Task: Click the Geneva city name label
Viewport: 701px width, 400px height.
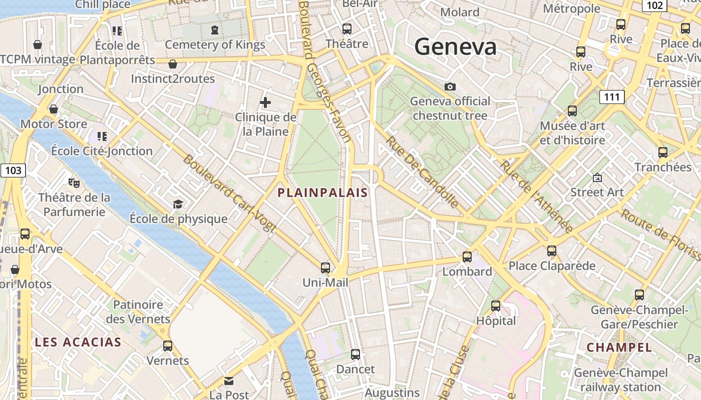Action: click(455, 47)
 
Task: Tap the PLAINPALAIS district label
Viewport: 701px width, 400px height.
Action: click(323, 192)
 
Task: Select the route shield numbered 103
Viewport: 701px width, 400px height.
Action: click(13, 170)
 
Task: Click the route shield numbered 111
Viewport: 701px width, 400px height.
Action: click(612, 97)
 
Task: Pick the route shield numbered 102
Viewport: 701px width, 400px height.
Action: click(655, 5)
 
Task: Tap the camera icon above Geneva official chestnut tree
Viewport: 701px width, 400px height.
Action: click(450, 87)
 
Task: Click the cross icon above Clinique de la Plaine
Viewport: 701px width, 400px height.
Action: click(265, 103)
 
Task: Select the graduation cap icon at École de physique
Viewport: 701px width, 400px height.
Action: click(178, 204)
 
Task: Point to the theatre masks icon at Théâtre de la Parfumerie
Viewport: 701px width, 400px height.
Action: click(74, 183)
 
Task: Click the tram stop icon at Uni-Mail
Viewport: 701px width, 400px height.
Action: click(325, 268)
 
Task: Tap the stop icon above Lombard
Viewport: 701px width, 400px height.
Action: click(467, 257)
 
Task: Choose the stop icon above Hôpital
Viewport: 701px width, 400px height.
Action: click(496, 305)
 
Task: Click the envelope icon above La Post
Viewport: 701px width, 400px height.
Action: click(229, 381)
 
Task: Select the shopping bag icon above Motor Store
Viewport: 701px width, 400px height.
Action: click(54, 109)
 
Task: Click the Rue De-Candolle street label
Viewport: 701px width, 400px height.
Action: click(422, 172)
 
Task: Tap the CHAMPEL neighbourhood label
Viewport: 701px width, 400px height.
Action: click(619, 347)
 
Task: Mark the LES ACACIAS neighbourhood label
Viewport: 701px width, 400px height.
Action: click(78, 342)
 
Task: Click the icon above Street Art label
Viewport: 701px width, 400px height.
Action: click(597, 177)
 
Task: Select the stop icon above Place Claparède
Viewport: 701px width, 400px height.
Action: click(552, 251)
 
